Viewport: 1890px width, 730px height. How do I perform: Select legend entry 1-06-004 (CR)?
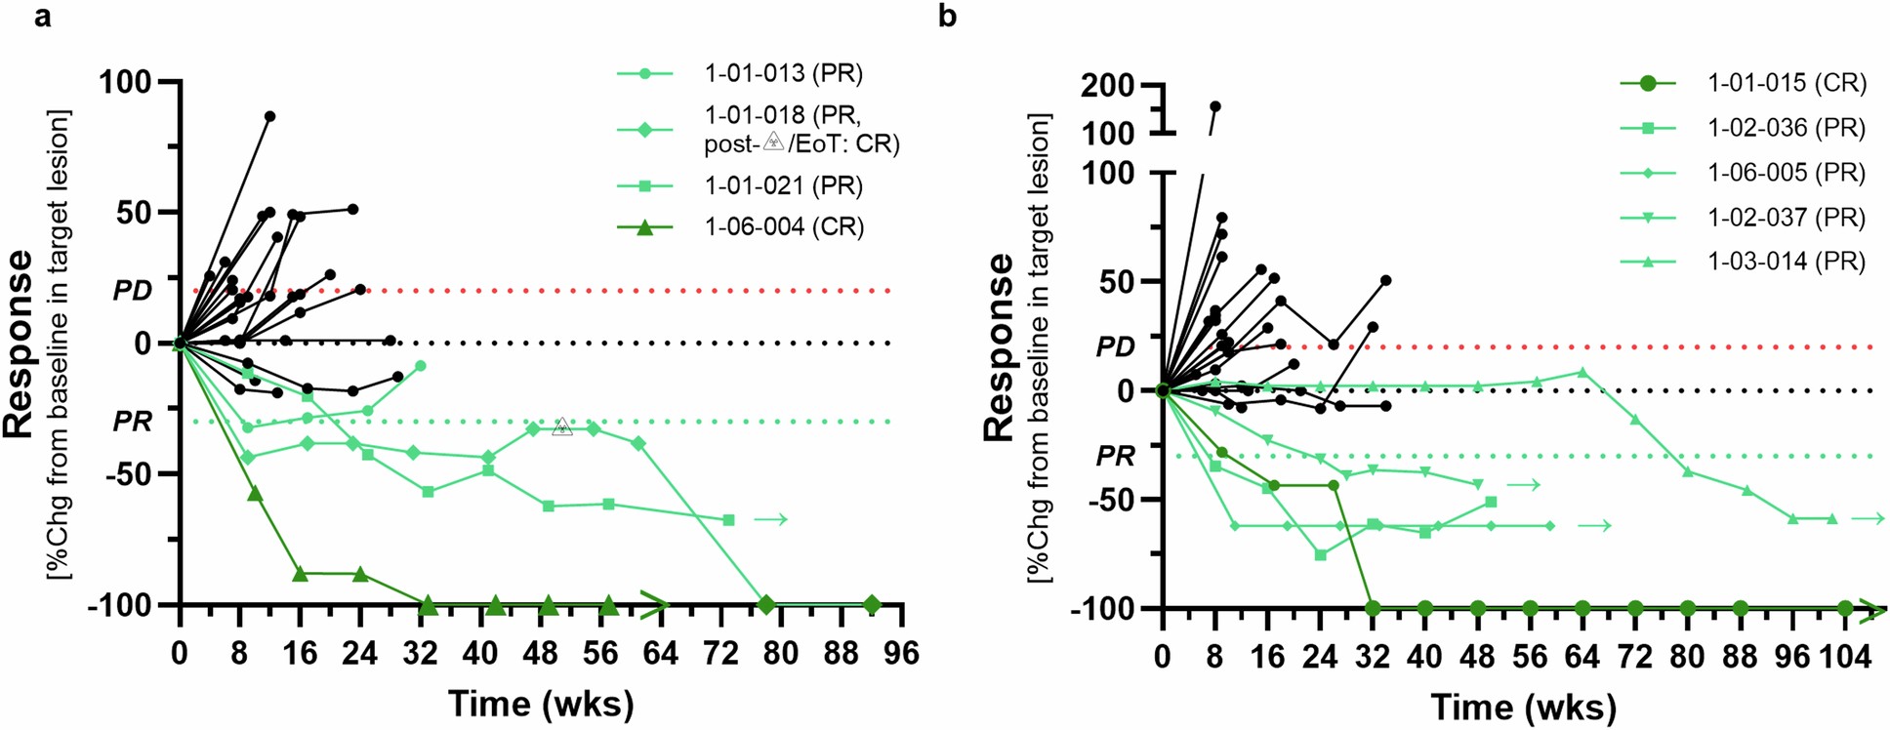pos(783,226)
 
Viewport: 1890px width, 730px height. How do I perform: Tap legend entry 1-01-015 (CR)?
pos(1786,83)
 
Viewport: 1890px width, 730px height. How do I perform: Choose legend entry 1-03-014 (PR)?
pos(1786,262)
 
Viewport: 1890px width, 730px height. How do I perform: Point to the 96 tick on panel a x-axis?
pos(901,652)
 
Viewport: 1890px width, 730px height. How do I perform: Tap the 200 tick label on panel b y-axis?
pos(1107,86)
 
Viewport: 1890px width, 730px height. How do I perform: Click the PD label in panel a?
pos(133,291)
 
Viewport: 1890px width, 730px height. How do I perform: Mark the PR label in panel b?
pos(1115,456)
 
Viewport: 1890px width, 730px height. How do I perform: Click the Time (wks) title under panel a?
pos(540,703)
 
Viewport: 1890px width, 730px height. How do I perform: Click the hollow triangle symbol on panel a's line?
pos(561,426)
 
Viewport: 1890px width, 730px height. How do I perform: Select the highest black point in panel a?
pos(269,116)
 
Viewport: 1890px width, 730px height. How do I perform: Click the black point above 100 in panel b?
pos(1215,106)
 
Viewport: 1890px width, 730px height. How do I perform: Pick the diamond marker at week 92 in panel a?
pos(872,605)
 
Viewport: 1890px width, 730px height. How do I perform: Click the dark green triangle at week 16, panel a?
pos(300,573)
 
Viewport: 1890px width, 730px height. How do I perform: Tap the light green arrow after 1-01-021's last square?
pos(770,519)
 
